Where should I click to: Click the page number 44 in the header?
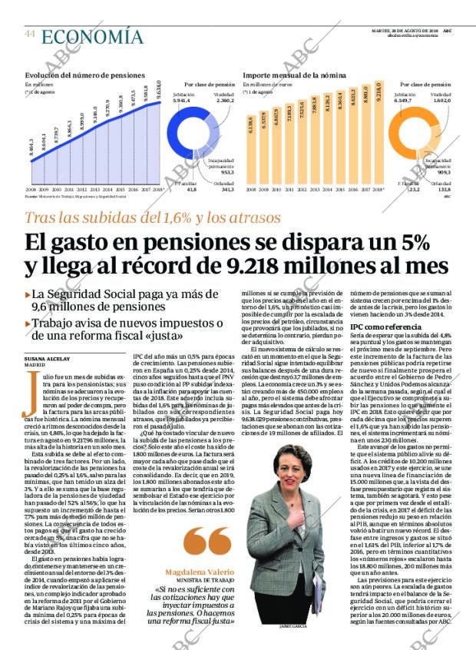tap(30, 35)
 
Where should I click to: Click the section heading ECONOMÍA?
tap(92, 36)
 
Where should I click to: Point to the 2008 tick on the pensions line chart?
tap(31, 187)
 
